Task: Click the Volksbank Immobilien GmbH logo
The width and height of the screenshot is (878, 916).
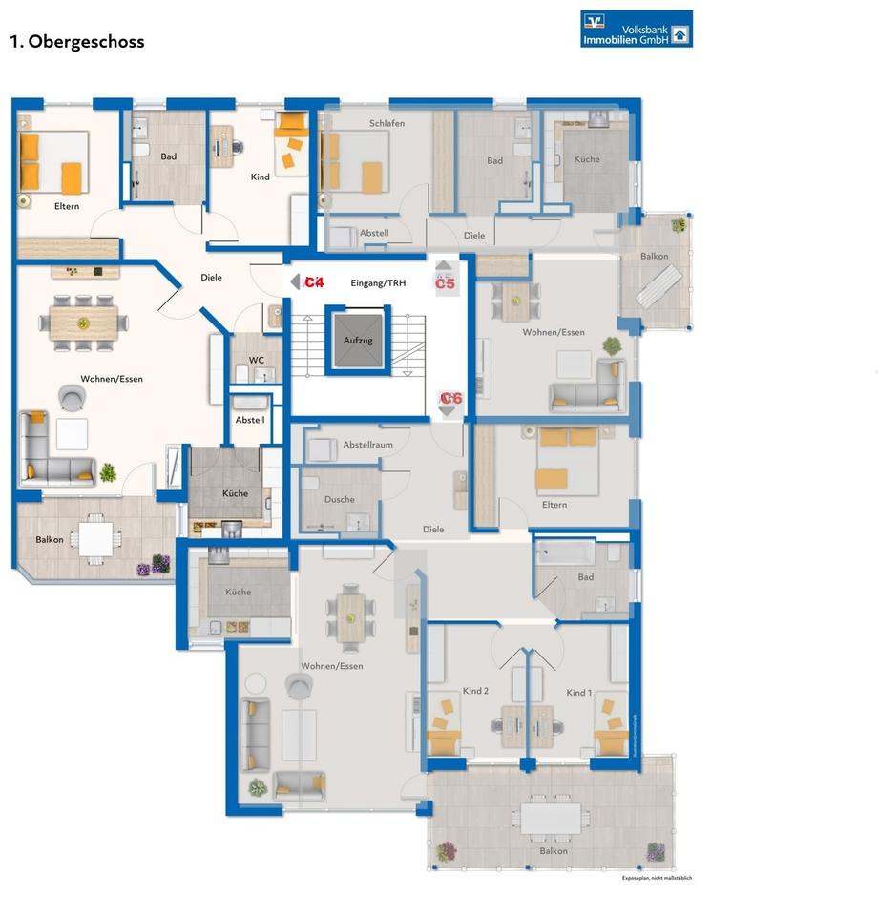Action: (x=637, y=29)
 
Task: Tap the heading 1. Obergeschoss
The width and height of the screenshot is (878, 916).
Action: (x=76, y=42)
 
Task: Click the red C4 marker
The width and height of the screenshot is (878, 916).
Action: (x=314, y=282)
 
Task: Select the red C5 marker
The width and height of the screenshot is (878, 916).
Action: (x=446, y=283)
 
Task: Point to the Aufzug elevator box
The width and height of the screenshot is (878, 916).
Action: (x=355, y=341)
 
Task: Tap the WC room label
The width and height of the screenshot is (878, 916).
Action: (x=257, y=360)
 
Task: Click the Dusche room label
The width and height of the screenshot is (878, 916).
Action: (x=339, y=499)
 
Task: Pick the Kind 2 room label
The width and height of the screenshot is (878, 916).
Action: (x=474, y=692)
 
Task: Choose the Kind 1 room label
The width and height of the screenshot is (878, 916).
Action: (x=579, y=692)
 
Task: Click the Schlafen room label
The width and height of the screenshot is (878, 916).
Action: (x=387, y=124)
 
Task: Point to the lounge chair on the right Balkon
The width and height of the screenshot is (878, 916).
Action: (x=658, y=286)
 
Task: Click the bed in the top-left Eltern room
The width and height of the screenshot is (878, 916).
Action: (x=54, y=160)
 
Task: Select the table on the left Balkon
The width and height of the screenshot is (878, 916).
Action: (x=96, y=538)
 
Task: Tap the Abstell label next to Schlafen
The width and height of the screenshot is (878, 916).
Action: (x=374, y=233)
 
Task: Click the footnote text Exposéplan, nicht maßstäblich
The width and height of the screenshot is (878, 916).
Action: (x=657, y=878)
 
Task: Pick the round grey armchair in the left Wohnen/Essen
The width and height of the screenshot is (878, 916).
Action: (x=71, y=398)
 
